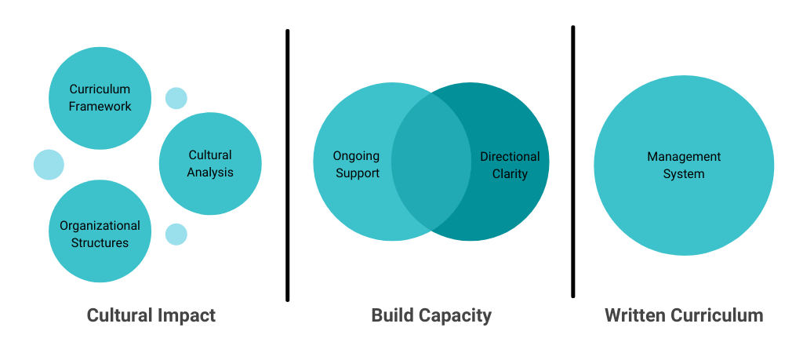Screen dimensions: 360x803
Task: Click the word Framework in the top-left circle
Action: (x=100, y=106)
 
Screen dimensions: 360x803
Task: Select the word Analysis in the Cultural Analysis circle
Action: (x=210, y=172)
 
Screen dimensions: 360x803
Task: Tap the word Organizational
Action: (x=100, y=226)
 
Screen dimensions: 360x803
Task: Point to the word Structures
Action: (x=100, y=242)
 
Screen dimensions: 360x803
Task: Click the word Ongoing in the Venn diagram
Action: (x=356, y=156)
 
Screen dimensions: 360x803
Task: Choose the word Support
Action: (x=358, y=173)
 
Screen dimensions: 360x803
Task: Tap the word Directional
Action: (x=510, y=156)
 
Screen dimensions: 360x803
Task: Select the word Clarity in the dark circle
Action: (x=510, y=173)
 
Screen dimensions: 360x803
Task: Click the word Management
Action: (x=684, y=157)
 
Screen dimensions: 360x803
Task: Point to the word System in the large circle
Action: (x=684, y=174)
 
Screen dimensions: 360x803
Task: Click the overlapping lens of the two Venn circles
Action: (x=431, y=162)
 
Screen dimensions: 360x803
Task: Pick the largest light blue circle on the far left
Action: (x=49, y=165)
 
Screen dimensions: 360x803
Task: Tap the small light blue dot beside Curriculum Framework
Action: (x=176, y=98)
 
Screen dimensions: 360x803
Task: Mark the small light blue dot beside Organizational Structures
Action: (x=176, y=234)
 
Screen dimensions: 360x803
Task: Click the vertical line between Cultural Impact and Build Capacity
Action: (x=288, y=165)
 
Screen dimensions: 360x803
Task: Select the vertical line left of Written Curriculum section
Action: (x=573, y=161)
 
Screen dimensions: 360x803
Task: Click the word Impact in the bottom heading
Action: (x=186, y=315)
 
